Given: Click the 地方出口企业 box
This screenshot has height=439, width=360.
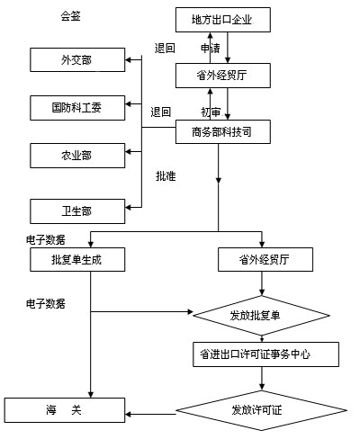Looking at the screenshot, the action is [x=223, y=20].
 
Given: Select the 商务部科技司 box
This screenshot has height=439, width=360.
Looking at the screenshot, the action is [x=223, y=131].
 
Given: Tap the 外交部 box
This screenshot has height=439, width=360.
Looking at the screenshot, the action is [x=77, y=59].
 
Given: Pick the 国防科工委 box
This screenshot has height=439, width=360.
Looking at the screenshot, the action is [x=77, y=108].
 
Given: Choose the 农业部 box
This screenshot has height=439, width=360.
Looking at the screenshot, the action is [x=77, y=156].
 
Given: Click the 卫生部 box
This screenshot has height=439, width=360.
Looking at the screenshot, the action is [x=77, y=211].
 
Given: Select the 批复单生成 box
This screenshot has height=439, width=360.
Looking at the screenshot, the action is [x=77, y=259].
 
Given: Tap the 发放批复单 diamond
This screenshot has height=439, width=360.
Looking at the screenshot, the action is [x=262, y=316].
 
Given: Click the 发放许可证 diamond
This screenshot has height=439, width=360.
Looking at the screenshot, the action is [x=262, y=410].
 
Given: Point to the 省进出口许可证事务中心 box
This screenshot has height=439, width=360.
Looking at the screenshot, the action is [x=265, y=354].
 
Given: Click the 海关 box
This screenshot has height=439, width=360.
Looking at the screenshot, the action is [x=65, y=410].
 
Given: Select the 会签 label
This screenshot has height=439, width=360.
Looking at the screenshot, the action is [x=71, y=15].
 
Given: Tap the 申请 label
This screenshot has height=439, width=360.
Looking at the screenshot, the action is [x=211, y=48].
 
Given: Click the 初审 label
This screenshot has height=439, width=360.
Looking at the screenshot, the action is [x=211, y=112].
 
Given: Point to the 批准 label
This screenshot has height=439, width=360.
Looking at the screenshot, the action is [x=166, y=176].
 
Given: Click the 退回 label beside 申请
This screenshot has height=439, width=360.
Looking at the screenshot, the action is [x=165, y=48].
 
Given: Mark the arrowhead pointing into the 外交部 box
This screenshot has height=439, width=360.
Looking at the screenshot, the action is [x=128, y=59].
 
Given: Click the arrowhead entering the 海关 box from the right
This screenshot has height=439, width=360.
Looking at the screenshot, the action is [x=128, y=415].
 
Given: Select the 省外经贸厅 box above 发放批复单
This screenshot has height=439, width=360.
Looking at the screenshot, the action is [x=265, y=259].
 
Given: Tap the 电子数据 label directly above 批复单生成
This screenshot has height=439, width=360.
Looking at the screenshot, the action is [x=46, y=240].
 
